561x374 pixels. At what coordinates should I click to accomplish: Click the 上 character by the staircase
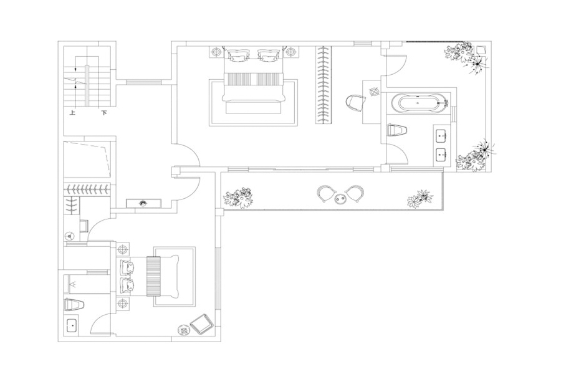[73, 113]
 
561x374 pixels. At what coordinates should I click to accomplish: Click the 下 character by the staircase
[104, 113]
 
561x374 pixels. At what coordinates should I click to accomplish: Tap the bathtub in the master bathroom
[420, 103]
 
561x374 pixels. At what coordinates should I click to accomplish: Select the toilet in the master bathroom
[397, 130]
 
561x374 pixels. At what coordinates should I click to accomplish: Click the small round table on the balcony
[340, 198]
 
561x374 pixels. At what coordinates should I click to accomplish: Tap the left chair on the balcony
[325, 194]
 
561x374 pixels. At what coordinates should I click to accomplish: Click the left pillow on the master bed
[237, 56]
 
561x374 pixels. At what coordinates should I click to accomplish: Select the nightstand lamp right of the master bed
[290, 52]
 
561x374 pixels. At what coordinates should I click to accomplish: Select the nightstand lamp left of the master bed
[216, 52]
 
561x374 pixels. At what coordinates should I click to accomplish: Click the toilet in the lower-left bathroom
[74, 305]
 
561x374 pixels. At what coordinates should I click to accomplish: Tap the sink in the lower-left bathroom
[72, 325]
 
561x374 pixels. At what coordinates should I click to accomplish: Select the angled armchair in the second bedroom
[202, 324]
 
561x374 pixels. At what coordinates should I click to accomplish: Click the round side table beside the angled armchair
[183, 330]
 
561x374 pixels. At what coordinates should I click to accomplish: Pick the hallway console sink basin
[143, 204]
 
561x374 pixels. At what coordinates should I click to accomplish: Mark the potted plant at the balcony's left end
[238, 198]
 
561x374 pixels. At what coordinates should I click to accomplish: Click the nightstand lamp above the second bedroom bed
[123, 249]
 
